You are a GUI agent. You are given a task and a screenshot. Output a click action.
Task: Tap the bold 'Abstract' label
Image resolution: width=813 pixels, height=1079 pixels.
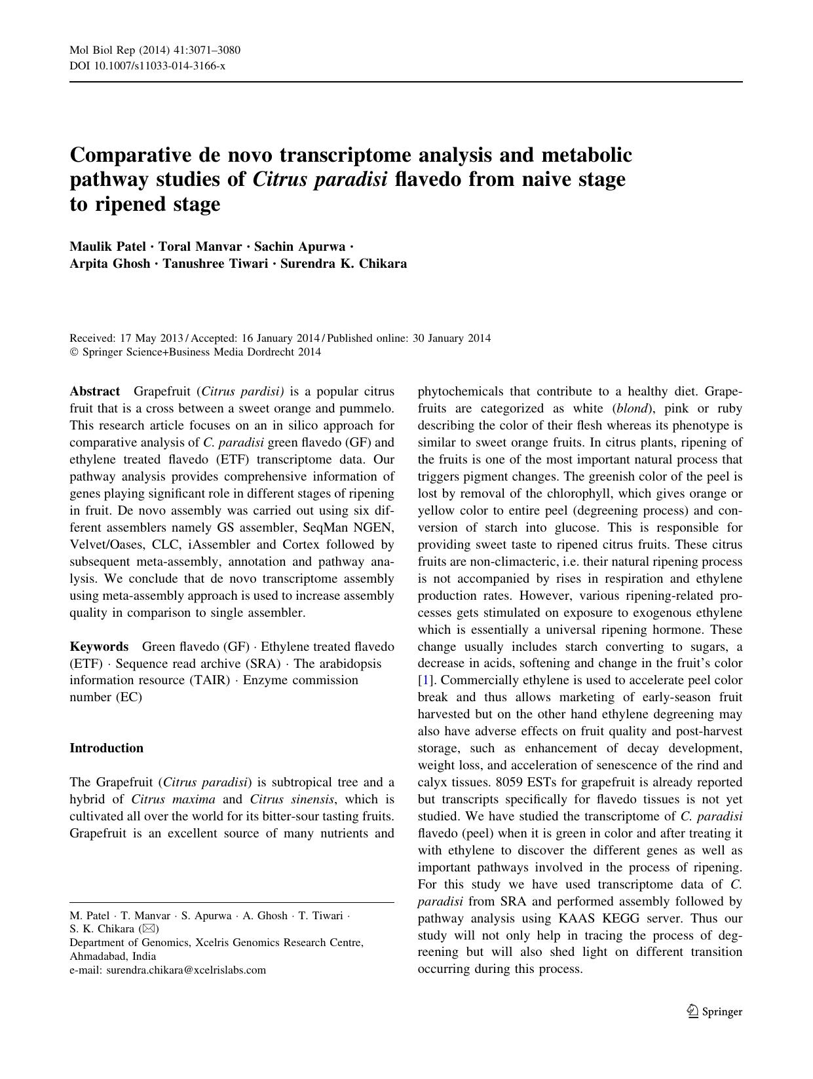click(95, 392)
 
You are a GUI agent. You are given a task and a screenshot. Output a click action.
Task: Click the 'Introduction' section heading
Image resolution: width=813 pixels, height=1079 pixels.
click(106, 748)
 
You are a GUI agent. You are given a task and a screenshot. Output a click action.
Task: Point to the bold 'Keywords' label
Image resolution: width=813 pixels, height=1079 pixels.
click(99, 646)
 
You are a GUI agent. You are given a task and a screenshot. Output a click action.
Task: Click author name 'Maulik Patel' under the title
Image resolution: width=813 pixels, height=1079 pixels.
click(107, 246)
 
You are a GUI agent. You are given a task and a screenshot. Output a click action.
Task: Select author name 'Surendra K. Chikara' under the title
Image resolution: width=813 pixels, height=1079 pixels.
click(343, 264)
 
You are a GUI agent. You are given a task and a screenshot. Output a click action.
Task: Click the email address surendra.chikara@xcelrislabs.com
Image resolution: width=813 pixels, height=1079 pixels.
click(186, 970)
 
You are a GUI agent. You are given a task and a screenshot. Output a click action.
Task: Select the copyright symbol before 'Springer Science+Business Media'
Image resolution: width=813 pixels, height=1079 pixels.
click(73, 352)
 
